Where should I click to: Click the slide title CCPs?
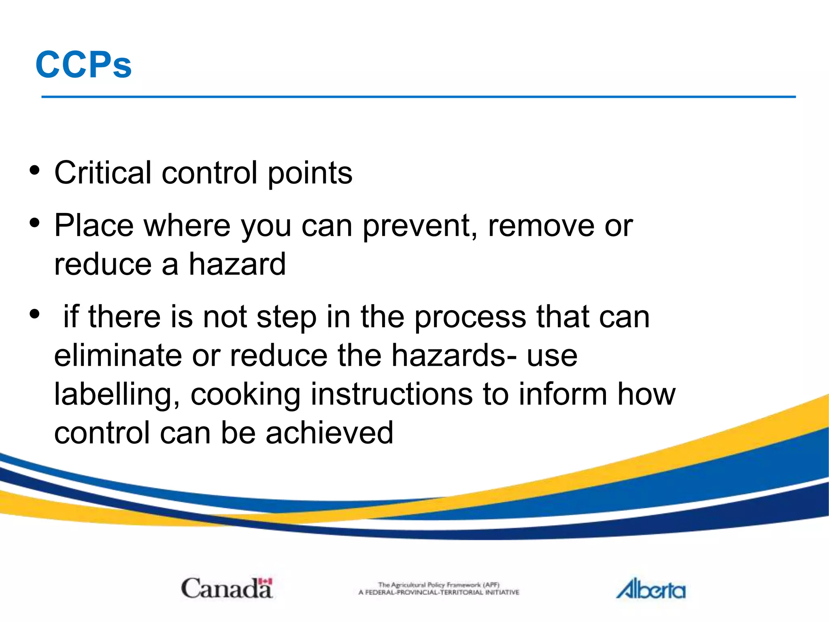[84, 65]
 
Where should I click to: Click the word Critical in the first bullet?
[103, 173]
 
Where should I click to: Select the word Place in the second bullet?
[94, 225]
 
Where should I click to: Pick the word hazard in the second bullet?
[238, 264]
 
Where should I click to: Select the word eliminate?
[118, 356]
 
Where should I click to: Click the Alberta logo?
[651, 589]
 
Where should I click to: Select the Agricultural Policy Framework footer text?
[439, 588]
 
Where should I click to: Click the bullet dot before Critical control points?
[35, 170]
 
